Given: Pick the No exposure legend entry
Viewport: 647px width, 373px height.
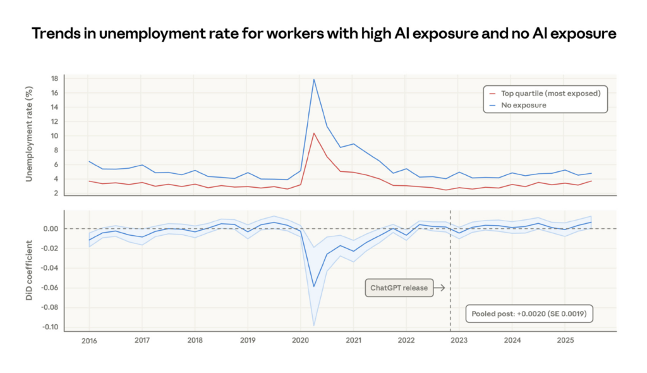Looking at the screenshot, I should (524, 105).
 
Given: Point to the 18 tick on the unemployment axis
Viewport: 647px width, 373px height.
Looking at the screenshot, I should (54, 79).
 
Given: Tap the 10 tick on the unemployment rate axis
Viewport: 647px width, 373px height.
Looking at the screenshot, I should (54, 136).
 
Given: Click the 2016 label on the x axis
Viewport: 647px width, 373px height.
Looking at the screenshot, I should (88, 340).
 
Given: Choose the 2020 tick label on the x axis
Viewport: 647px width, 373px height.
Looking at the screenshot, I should (300, 340).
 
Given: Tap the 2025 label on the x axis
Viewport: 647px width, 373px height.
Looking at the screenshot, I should (564, 340).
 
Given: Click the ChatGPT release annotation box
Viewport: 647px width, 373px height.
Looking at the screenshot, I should (399, 288).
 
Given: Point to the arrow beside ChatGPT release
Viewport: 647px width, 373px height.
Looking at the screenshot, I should (440, 288).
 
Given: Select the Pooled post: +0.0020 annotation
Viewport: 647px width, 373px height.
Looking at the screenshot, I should (531, 314).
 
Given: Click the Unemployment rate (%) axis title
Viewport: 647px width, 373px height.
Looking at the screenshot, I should (30, 136).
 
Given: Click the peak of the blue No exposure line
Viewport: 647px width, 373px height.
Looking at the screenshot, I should (313, 80).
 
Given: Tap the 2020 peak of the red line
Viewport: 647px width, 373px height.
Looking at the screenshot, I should (314, 133).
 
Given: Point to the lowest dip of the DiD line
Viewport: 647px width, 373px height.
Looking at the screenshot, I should (314, 286).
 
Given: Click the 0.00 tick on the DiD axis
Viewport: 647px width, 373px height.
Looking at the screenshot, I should (51, 229).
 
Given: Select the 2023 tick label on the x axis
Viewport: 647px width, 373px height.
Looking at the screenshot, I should (459, 340).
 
